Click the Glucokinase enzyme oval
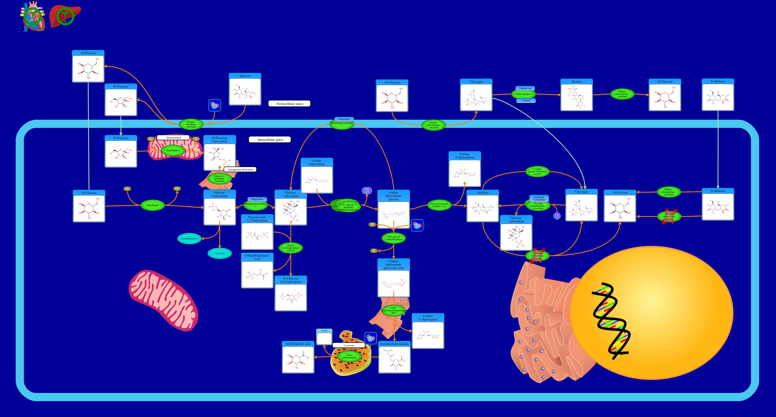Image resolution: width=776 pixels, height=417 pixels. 153,205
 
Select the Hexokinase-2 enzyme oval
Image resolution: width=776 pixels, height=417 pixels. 173,150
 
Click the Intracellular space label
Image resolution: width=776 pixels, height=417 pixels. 270,140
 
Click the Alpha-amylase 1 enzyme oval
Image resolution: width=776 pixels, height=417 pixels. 523,94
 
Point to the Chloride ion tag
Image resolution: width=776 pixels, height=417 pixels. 525,88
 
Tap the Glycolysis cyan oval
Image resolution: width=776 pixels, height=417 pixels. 220,253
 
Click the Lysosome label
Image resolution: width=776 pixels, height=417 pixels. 349,345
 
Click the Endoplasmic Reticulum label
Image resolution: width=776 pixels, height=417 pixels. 240,169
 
